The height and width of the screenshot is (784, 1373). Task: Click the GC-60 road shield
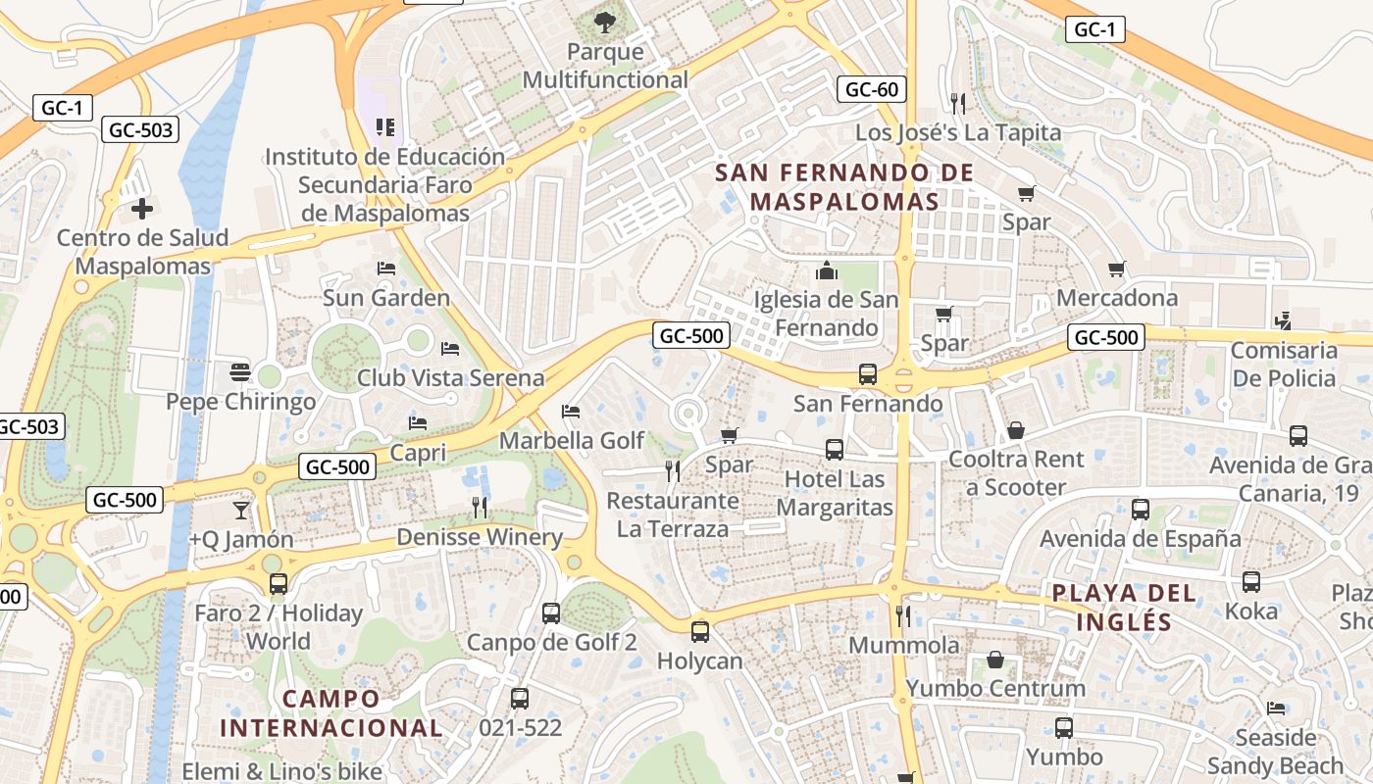(871, 89)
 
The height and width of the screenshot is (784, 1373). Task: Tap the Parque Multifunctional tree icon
(605, 20)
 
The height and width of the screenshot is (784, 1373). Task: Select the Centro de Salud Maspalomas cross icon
(142, 208)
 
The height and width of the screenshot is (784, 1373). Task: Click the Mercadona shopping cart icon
(1116, 269)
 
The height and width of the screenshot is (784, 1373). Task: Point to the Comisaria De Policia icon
(1283, 320)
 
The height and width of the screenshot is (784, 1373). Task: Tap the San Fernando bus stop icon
(867, 373)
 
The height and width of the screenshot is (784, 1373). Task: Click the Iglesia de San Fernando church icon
(826, 269)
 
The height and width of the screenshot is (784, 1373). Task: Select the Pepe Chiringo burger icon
(240, 372)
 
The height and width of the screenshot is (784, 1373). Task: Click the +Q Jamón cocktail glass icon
(240, 510)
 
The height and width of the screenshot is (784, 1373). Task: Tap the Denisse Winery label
(480, 537)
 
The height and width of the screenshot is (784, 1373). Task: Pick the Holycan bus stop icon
(699, 632)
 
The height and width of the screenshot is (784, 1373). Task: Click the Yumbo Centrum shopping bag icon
(995, 660)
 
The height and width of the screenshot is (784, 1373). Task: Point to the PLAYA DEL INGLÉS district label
(1124, 608)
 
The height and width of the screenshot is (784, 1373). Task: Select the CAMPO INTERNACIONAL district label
(331, 713)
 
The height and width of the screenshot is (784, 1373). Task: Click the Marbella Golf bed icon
(571, 412)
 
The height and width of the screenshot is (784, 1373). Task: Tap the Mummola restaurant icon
(903, 615)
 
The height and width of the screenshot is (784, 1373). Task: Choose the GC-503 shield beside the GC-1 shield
(140, 129)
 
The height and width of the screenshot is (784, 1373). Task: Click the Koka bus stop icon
(1251, 581)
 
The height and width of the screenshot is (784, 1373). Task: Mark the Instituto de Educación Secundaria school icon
(385, 127)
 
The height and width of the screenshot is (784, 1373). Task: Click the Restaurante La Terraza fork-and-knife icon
(673, 471)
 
